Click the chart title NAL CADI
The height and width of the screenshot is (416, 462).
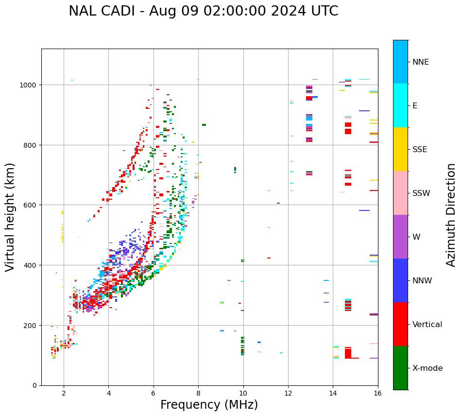coord(203,11)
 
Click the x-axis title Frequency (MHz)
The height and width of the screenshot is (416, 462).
coord(209,405)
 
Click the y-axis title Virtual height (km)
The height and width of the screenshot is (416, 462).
coord(10,217)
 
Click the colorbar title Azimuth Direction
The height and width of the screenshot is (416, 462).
coord(451,215)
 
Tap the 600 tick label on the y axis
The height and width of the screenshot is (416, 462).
coord(31,205)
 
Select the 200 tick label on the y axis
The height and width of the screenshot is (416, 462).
coord(31,325)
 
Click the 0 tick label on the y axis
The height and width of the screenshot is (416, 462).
coord(34,385)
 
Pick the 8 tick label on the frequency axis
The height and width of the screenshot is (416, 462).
coord(198,393)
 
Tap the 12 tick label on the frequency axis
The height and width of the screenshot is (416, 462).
coord(288,393)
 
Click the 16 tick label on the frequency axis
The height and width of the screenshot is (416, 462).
coord(378,393)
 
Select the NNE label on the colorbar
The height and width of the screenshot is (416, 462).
coord(421,62)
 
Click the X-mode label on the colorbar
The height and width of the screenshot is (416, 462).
coord(428,368)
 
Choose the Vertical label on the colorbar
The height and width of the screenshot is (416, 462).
coord(428,325)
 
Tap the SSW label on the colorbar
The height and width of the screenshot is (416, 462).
coord(421,193)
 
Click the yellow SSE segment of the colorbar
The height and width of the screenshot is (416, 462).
coord(400,149)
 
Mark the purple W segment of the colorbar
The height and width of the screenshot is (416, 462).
coord(400,237)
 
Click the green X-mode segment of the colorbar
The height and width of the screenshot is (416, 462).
coord(400,368)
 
